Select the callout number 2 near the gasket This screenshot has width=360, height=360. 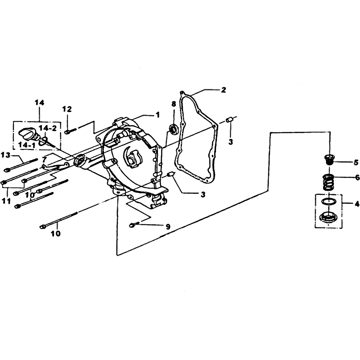223,90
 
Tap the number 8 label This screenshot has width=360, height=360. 174,104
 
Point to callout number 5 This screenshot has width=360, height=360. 355,162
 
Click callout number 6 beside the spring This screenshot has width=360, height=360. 357,177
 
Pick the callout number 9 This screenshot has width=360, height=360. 168,227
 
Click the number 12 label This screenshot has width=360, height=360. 67,109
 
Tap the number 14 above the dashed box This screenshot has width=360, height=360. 39,103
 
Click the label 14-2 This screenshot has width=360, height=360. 48,128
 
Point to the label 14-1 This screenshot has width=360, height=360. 27,145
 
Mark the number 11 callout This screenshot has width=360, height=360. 6,201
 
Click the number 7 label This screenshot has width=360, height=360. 45,159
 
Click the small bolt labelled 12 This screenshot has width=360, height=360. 69,131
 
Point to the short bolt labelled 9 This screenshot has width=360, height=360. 133,224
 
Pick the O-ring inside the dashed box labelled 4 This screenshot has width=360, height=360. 328,201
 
